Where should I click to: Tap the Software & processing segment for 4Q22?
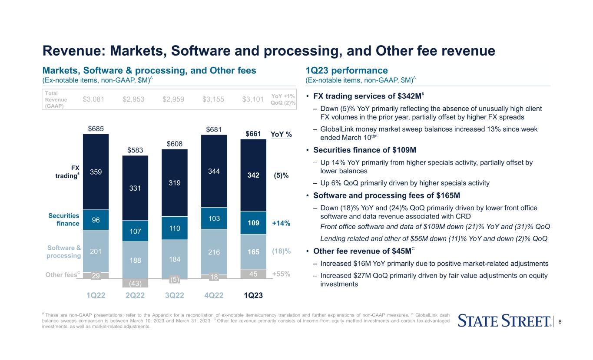click(x=214, y=252)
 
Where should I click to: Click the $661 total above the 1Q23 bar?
click(x=254, y=134)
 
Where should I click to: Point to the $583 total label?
click(x=135, y=150)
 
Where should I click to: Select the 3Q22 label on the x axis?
click(x=175, y=296)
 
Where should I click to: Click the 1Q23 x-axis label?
click(x=254, y=296)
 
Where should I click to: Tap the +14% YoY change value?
click(x=281, y=223)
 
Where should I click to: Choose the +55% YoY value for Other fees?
click(x=281, y=274)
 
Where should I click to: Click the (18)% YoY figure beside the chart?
click(x=281, y=251)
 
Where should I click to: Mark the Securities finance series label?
click(x=64, y=219)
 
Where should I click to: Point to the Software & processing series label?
click(x=64, y=251)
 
